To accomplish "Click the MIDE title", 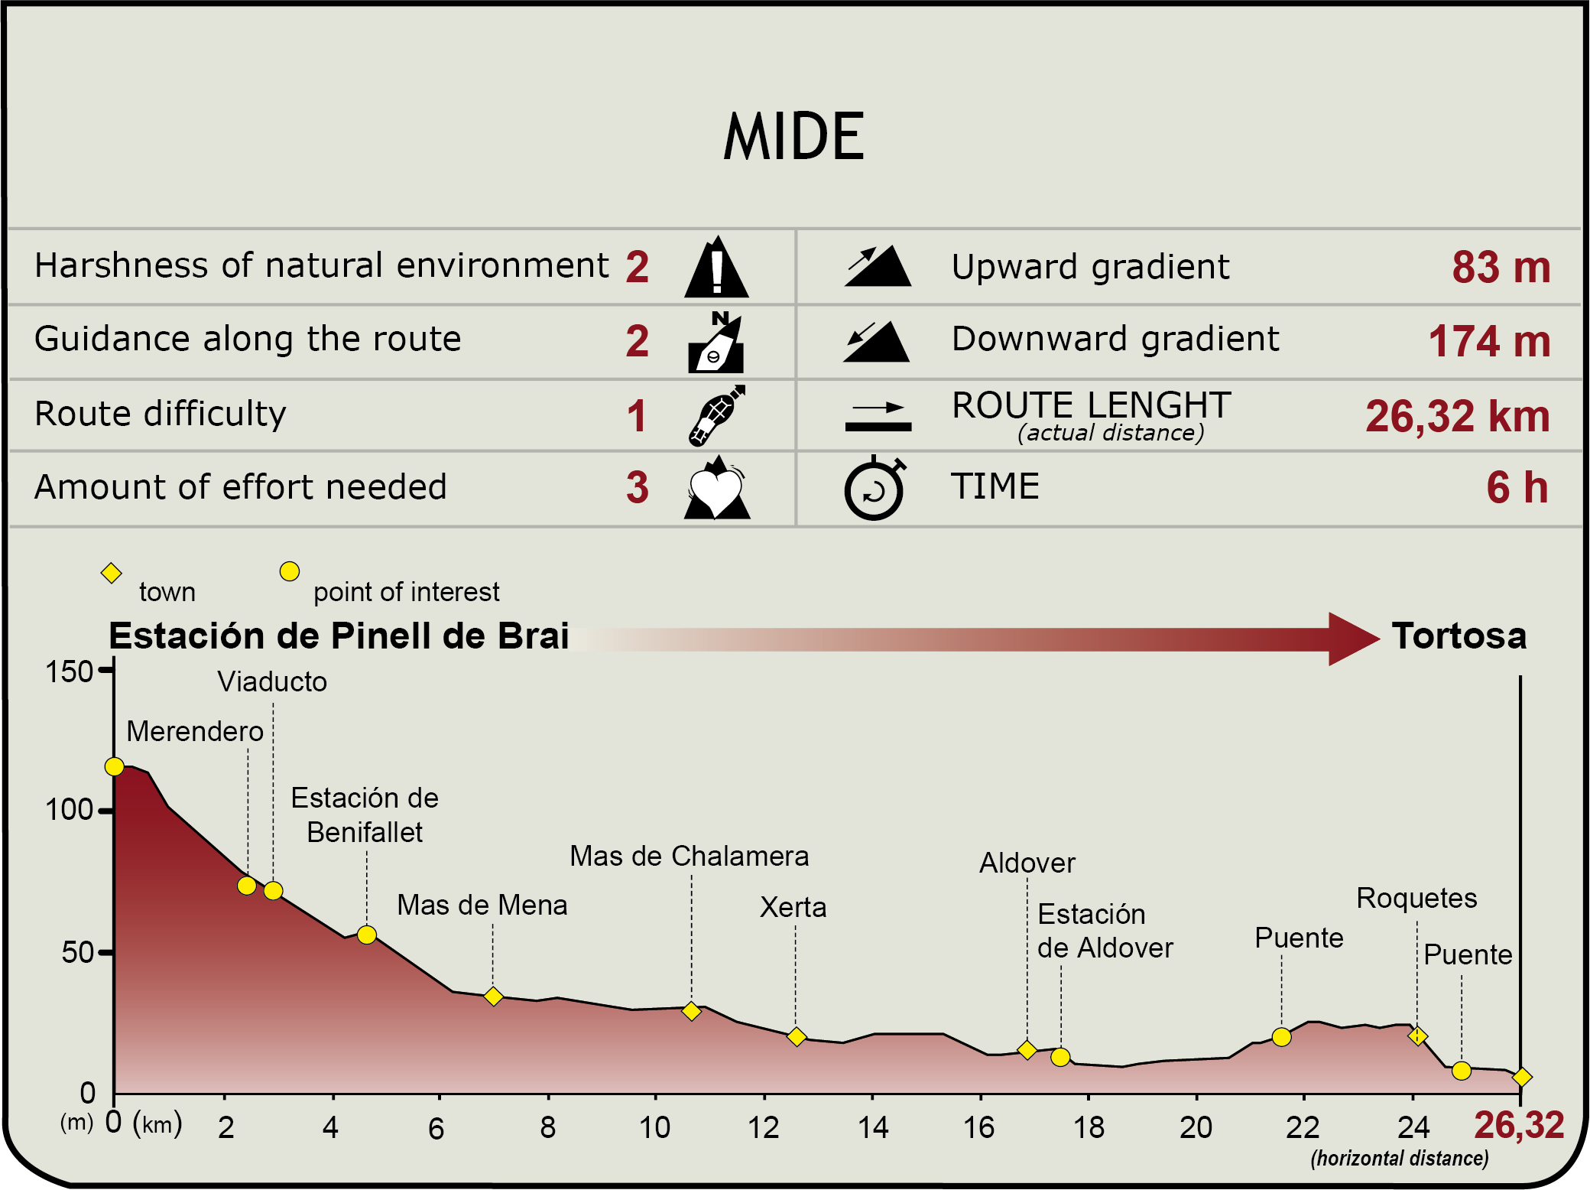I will (793, 137).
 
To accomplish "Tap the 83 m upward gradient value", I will (1501, 268).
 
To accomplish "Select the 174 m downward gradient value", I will (1489, 341).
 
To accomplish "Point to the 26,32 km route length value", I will (1457, 417).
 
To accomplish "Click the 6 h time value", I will (1517, 488).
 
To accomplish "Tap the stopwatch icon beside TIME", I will (874, 489).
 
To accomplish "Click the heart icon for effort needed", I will (716, 489).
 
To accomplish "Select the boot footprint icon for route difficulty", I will (716, 416).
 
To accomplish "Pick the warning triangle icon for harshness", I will (716, 268).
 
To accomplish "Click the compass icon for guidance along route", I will (716, 343).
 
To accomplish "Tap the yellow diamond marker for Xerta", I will (797, 1036).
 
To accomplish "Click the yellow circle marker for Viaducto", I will (273, 891).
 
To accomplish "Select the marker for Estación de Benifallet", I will (367, 935).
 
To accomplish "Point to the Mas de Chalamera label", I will (689, 857).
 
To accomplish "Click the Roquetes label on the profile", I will (1416, 898).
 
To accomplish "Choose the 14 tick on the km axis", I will (873, 1127).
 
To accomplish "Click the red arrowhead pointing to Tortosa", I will (1351, 639).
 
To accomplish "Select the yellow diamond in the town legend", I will (112, 573).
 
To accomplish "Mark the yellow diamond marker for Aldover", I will (1027, 1050).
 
